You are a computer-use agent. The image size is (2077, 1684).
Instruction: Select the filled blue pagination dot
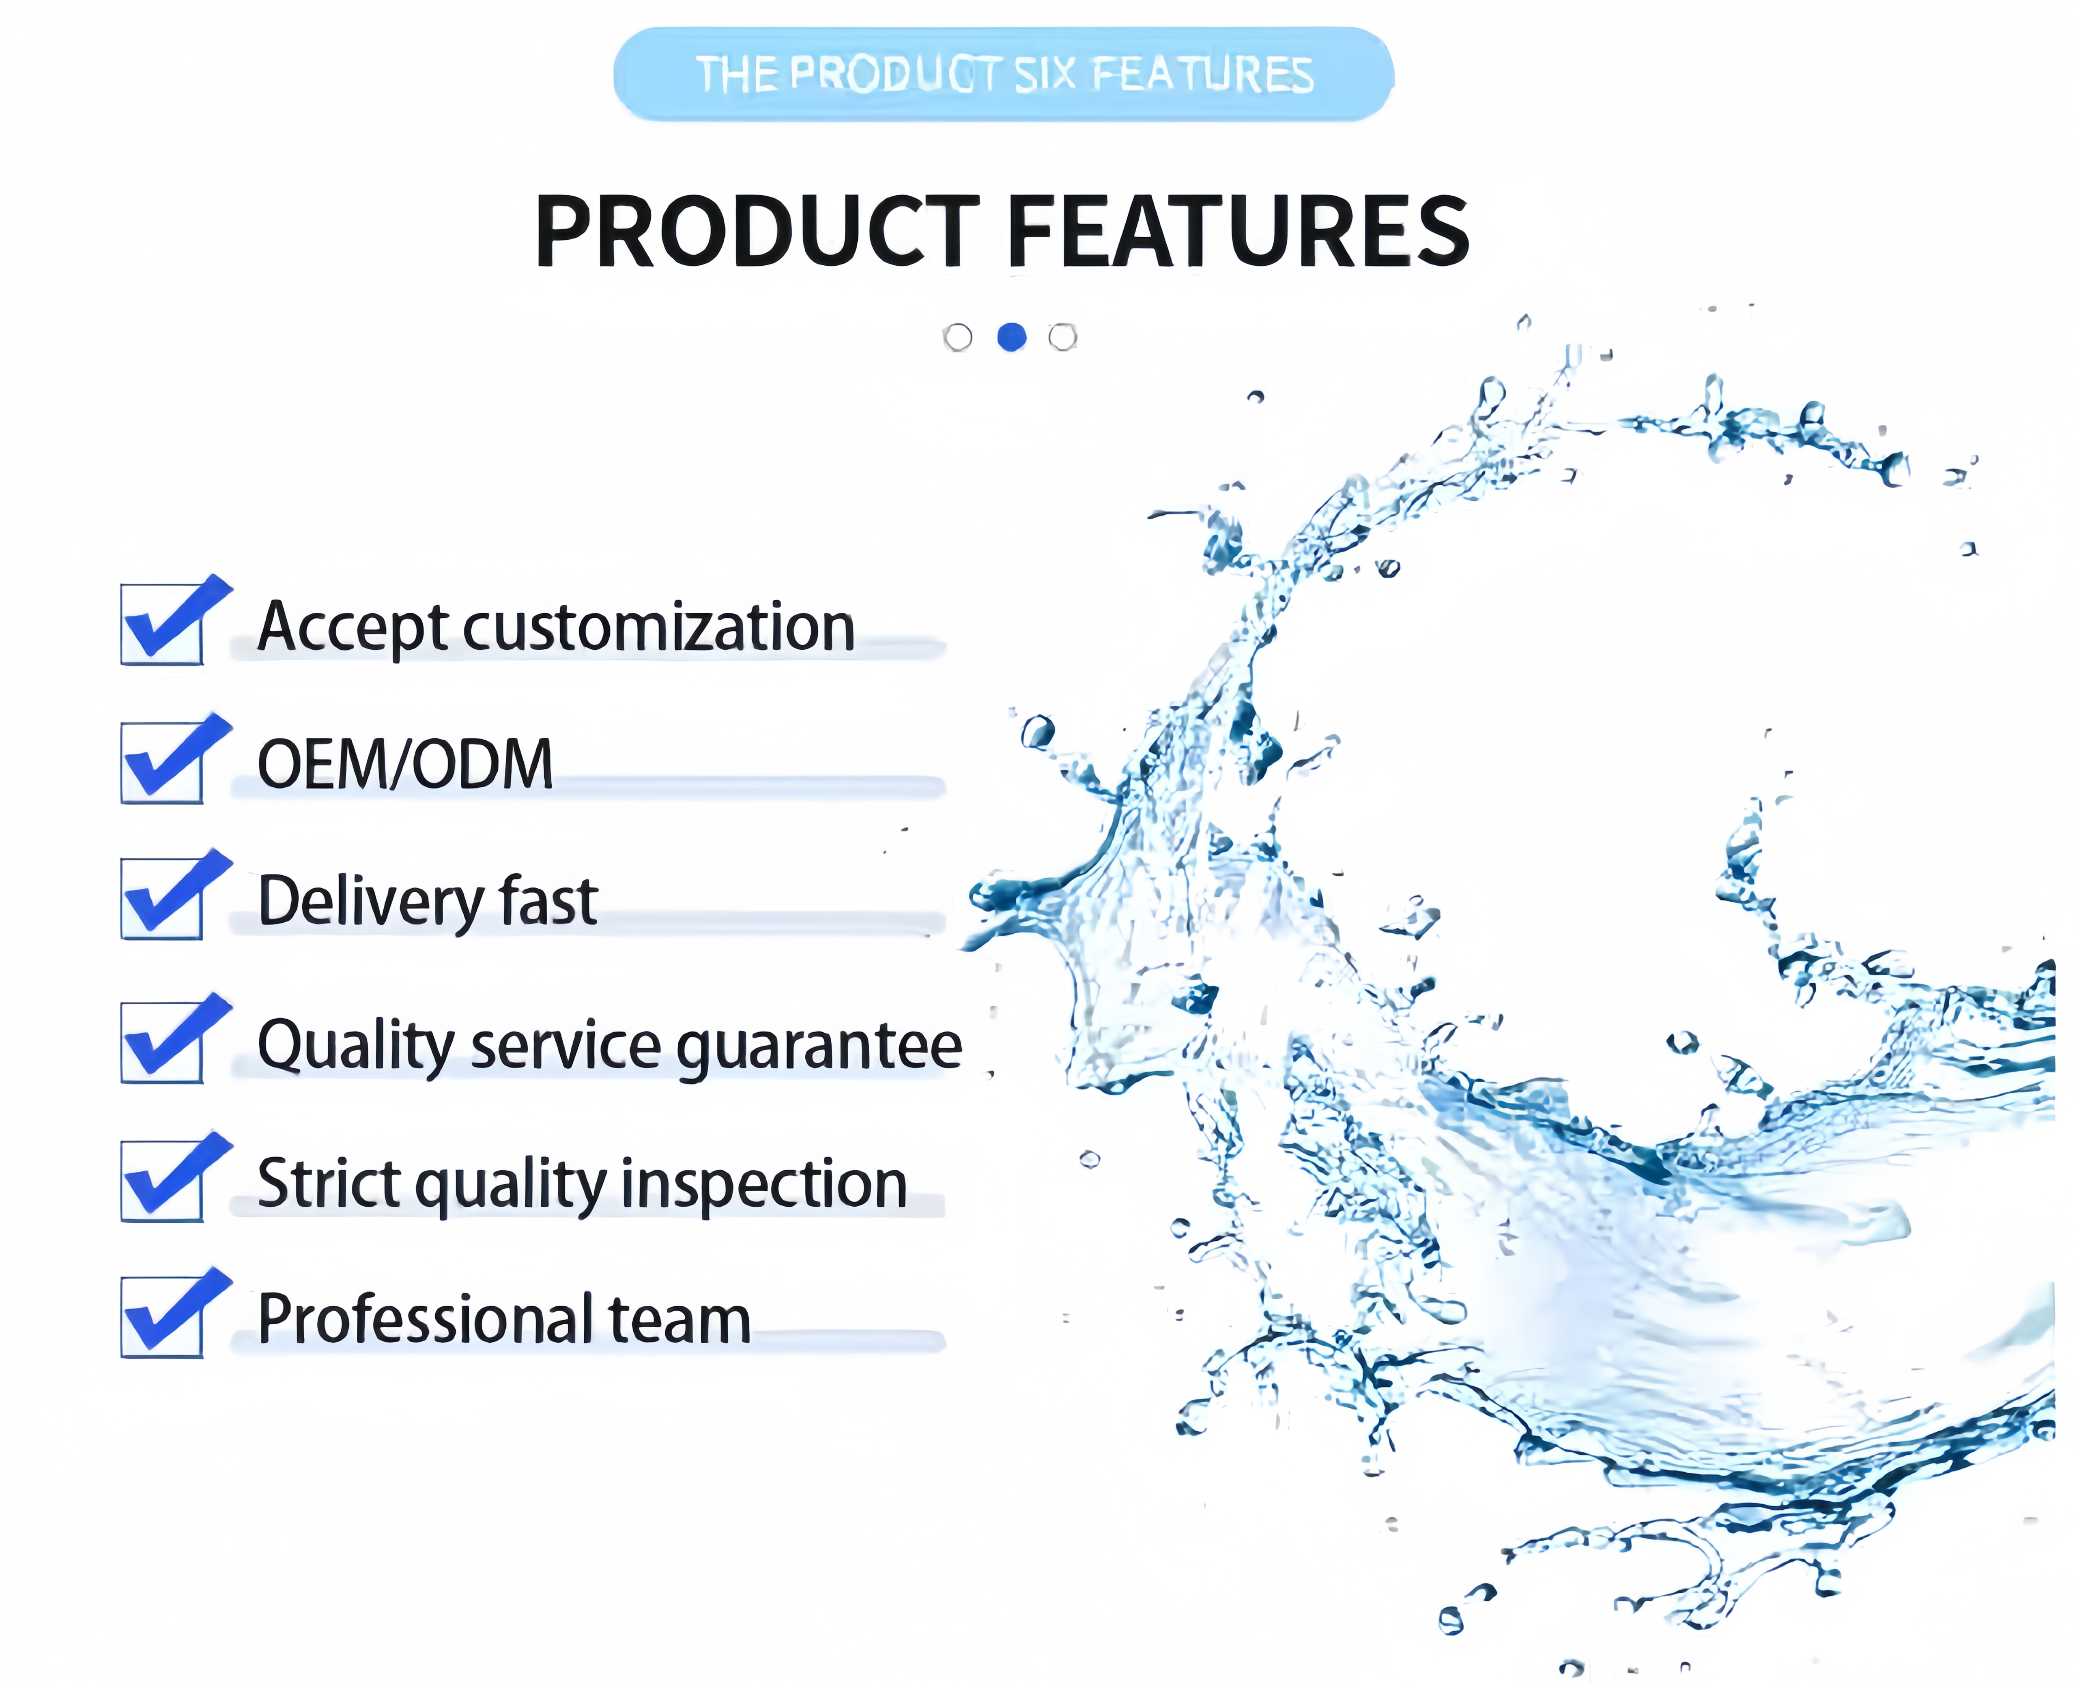coord(1012,337)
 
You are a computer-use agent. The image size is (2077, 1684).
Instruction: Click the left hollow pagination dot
coord(957,337)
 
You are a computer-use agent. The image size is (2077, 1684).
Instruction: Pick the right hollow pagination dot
coord(1063,337)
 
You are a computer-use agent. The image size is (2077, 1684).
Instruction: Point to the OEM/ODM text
coord(406,765)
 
